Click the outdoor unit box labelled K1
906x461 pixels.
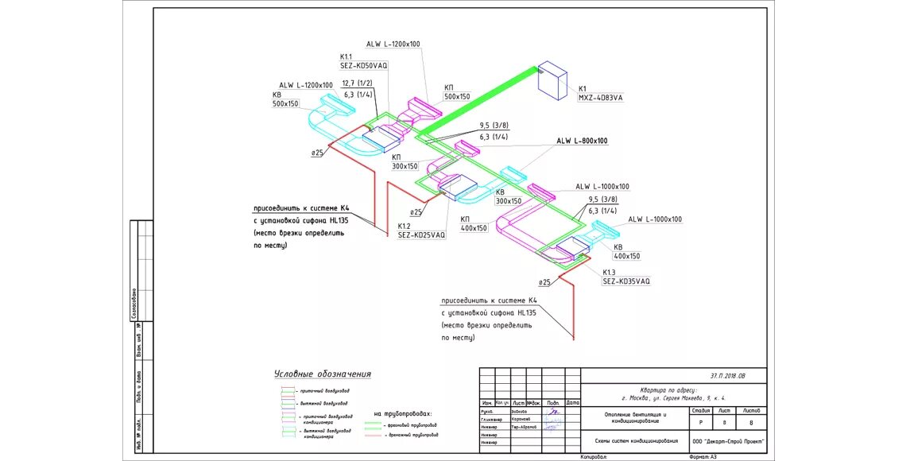coord(553,79)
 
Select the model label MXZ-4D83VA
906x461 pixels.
coord(601,98)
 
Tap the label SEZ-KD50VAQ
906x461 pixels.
coord(363,66)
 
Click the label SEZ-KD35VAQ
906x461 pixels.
coord(625,281)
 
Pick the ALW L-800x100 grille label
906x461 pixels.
coord(582,141)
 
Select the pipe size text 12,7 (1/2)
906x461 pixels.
coord(358,83)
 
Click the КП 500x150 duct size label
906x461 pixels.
coord(457,96)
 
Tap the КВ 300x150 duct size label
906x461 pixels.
coord(509,201)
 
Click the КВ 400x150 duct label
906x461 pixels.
coord(626,256)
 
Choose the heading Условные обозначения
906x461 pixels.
coord(323,374)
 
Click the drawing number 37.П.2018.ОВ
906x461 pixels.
coord(728,376)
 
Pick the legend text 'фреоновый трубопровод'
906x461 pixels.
coord(412,425)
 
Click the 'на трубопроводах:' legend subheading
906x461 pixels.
coord(403,414)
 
